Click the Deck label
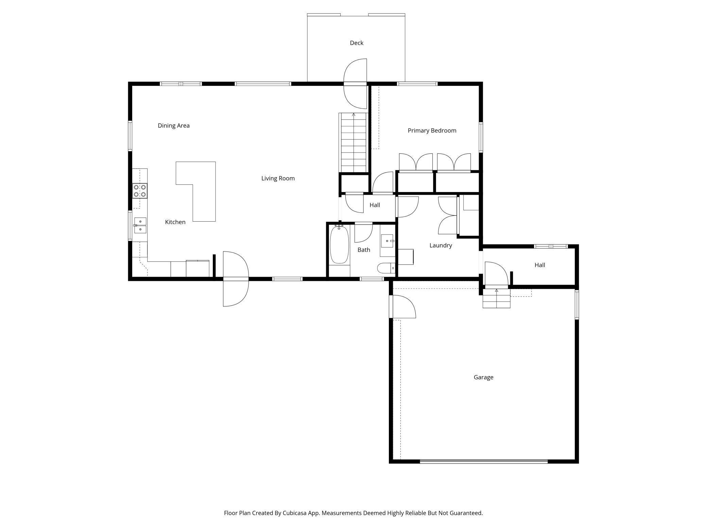point(357,43)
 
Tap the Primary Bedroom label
point(432,131)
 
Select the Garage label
point(483,377)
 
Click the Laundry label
point(441,245)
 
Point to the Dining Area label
point(173,126)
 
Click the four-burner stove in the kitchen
point(140,191)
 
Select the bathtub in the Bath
point(339,245)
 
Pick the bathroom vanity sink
point(387,241)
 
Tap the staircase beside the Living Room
point(353,143)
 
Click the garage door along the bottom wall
point(483,462)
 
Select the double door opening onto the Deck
point(356,84)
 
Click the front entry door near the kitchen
point(236,279)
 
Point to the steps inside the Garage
point(496,299)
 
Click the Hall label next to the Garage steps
point(539,265)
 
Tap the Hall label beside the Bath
point(375,205)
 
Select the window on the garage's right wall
point(577,304)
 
